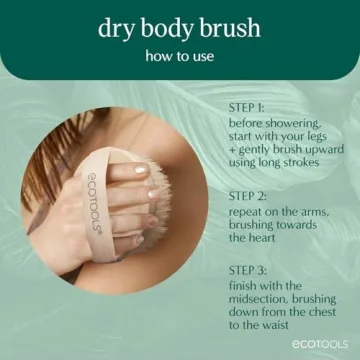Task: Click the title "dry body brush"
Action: pos(179,27)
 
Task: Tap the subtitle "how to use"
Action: pos(179,56)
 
